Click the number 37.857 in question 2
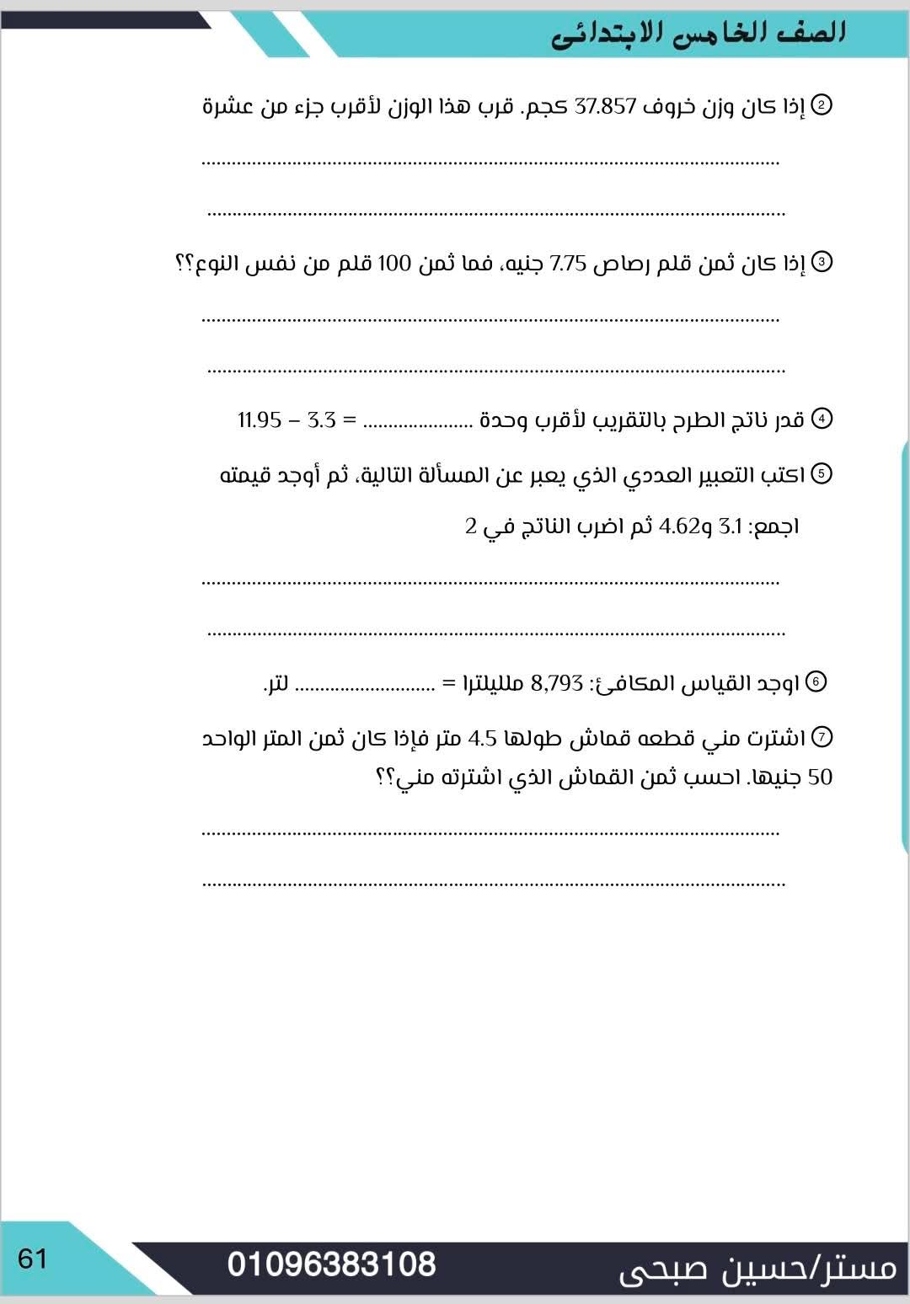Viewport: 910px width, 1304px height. pos(605,107)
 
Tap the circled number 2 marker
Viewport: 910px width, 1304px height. pos(821,104)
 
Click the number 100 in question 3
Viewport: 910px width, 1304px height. pos(393,264)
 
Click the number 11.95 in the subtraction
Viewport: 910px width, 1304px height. pos(259,420)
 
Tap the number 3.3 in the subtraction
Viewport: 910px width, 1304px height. pos(321,420)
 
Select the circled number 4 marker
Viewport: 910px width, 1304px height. pos(821,419)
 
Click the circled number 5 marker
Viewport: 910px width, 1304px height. pos(821,473)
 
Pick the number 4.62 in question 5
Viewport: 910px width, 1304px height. pos(678,527)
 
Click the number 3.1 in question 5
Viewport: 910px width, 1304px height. pos(731,527)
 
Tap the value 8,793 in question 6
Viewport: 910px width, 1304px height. pos(556,683)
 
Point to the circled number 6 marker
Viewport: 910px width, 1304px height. pos(816,681)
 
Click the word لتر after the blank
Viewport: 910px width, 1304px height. pos(276,683)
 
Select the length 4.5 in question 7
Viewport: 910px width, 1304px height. pos(483,739)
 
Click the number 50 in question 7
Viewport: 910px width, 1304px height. pos(820,778)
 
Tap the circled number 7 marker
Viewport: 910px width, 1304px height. pos(821,737)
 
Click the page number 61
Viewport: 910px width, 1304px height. pos(33,1259)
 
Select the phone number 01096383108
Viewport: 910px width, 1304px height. pos(331,1264)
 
